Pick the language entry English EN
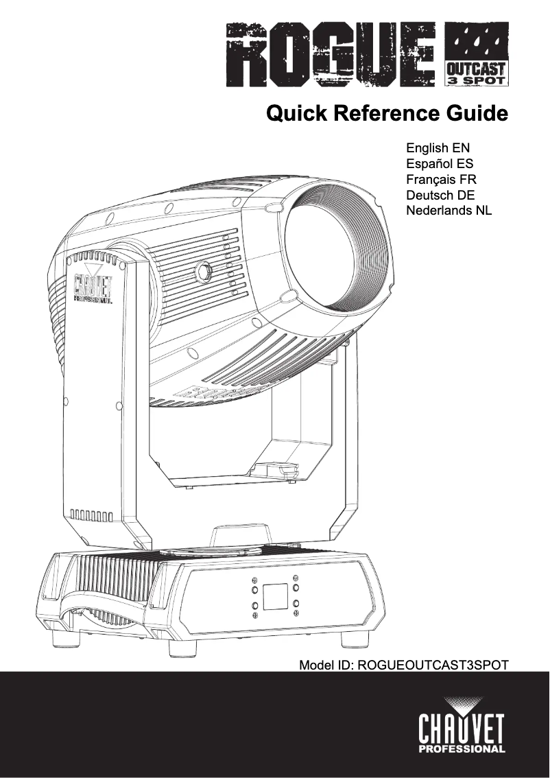[438, 148]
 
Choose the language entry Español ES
[439, 164]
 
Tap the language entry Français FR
[441, 180]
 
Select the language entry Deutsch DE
[440, 196]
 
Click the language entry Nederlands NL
[449, 211]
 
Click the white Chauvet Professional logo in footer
[461, 726]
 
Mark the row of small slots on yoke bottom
[92, 515]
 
